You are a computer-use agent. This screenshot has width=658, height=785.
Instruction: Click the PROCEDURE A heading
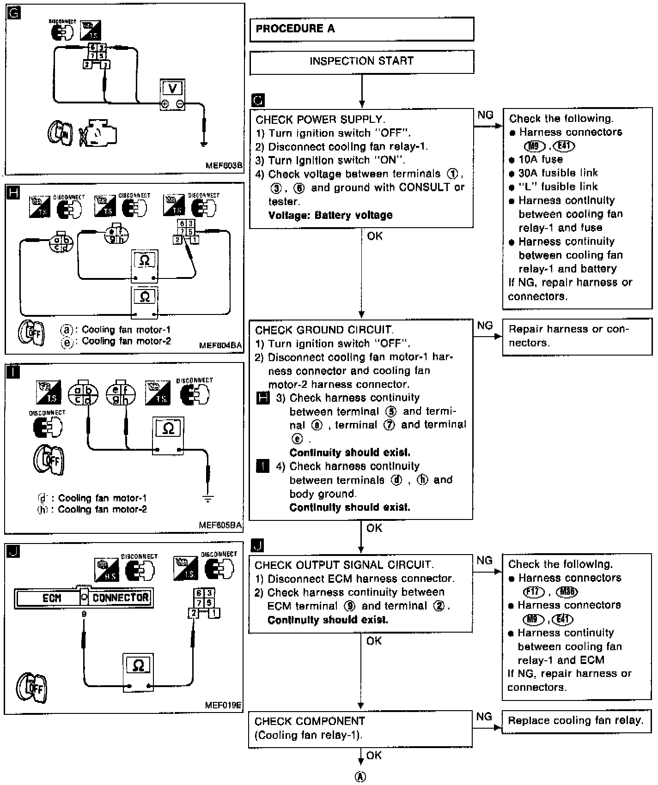coord(295,29)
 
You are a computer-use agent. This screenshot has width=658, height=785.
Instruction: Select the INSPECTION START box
coord(361,61)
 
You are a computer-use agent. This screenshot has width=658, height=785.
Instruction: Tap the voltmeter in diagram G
coord(172,94)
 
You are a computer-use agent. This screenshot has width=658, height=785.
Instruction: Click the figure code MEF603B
coord(224,165)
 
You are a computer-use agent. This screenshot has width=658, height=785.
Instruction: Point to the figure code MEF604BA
coord(220,345)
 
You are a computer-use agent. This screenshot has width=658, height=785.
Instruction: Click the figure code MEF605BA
coord(220,525)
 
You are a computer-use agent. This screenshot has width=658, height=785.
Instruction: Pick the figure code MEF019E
coord(223,705)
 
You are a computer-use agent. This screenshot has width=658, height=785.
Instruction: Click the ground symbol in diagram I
coord(208,498)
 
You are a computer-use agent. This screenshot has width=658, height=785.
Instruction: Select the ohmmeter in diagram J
coord(138,672)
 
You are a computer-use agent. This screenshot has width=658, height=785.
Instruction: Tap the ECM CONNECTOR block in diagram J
coord(84,598)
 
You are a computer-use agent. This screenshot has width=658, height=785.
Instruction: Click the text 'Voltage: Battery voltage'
coord(330,215)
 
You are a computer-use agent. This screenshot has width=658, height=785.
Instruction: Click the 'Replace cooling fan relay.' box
coord(576,721)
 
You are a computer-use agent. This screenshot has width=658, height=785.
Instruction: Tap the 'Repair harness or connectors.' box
coord(577,336)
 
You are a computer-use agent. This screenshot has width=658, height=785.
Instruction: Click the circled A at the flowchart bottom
coord(360,777)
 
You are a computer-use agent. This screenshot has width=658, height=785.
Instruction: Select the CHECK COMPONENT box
coord(360,728)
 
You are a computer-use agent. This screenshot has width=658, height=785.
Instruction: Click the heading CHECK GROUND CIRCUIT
coord(324,330)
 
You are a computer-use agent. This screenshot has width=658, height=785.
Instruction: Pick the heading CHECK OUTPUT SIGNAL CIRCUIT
coord(344,565)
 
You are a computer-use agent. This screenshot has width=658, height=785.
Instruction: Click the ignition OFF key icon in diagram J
coord(31,687)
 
